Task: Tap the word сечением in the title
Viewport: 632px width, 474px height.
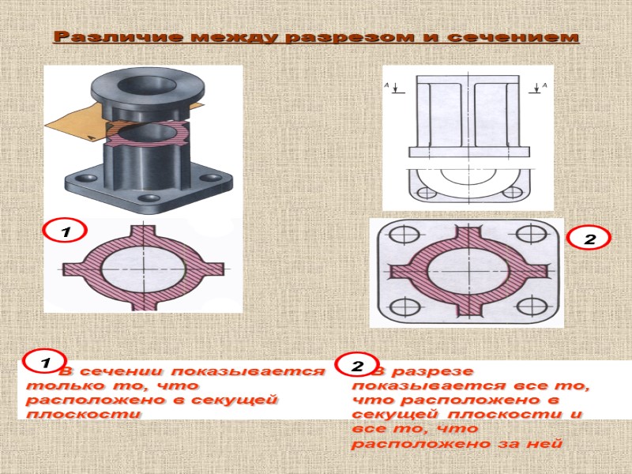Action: click(x=513, y=37)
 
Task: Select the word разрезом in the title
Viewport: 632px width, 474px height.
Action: click(x=350, y=38)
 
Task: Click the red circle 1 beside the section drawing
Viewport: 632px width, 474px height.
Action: click(x=66, y=231)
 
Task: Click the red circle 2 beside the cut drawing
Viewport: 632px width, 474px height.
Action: click(x=589, y=239)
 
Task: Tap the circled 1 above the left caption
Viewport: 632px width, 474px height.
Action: click(x=45, y=362)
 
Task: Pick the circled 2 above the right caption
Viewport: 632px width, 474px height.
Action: click(x=357, y=365)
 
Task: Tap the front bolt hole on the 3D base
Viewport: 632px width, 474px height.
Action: click(x=150, y=198)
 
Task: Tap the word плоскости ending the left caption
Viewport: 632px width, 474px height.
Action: click(x=84, y=414)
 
